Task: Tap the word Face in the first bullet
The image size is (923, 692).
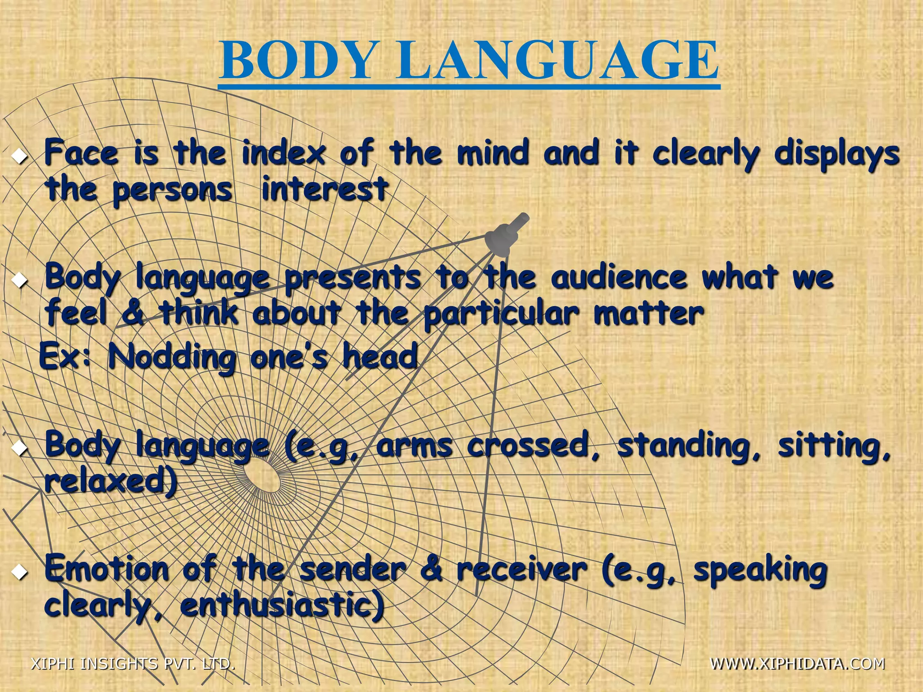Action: click(82, 153)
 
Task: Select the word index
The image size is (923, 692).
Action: click(283, 153)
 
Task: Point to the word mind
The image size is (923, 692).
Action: click(492, 153)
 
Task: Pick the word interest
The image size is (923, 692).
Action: click(324, 189)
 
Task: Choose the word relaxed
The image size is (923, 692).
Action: click(110, 482)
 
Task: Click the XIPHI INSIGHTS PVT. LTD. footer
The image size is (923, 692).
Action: click(133, 664)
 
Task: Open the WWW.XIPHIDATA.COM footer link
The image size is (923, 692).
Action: click(797, 664)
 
